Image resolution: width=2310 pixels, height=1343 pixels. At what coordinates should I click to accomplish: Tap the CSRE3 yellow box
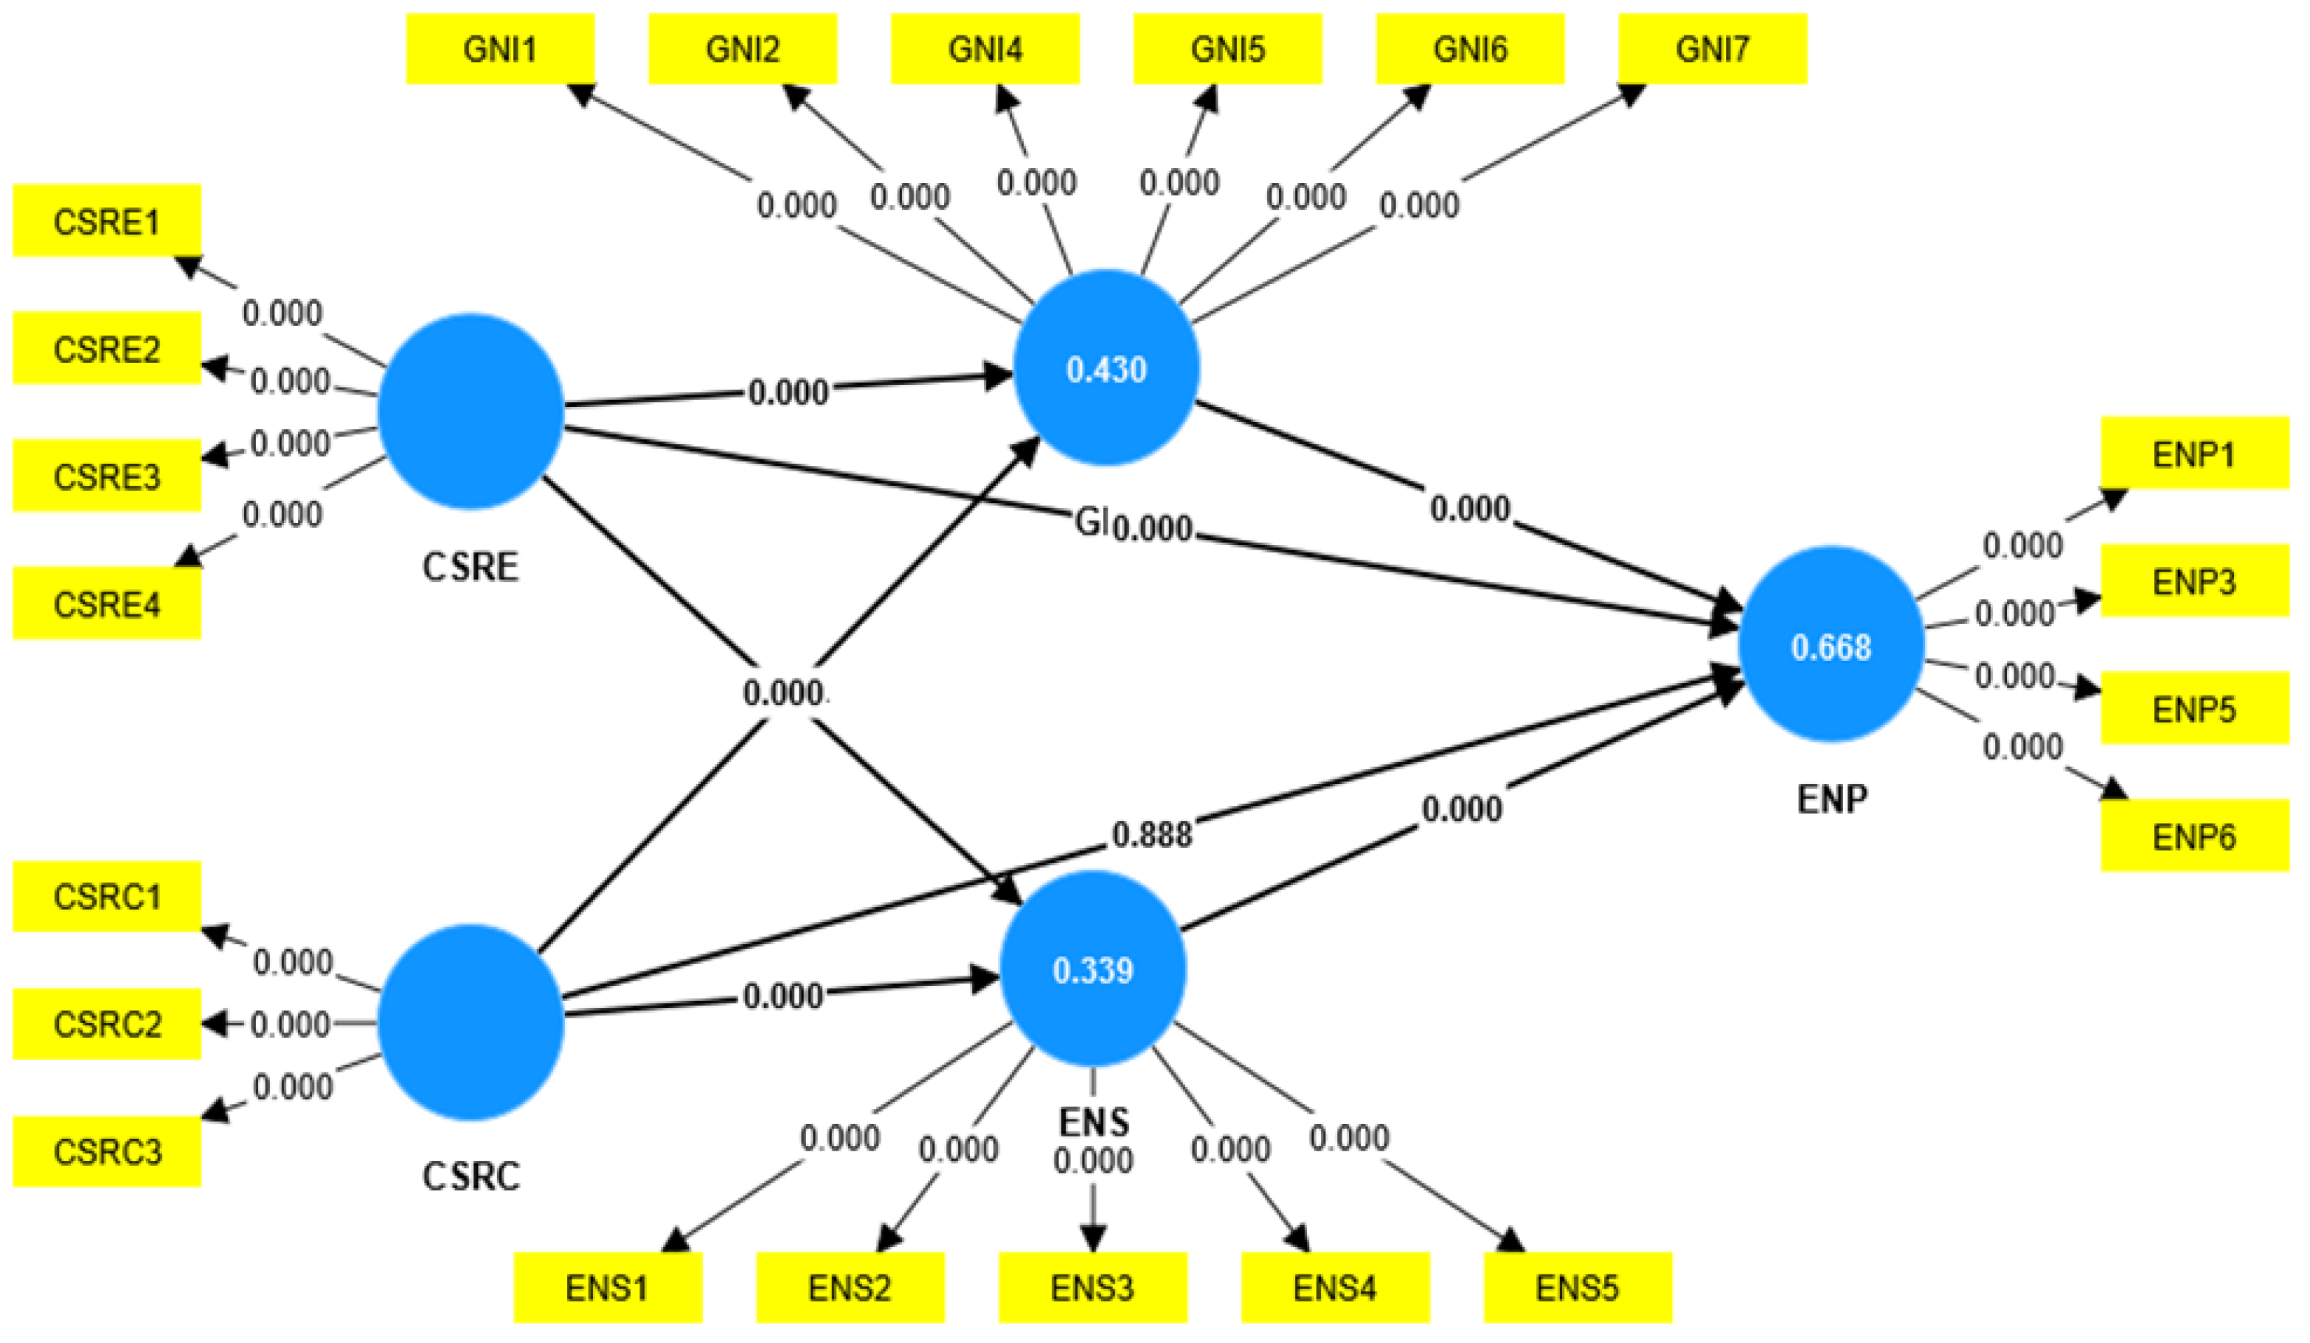point(106,476)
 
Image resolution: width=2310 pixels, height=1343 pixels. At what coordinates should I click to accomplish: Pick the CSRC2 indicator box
point(106,1023)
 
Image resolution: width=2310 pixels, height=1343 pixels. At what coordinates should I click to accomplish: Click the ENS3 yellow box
point(1092,1287)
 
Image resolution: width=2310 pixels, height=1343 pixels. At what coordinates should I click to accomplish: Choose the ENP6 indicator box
point(2193,836)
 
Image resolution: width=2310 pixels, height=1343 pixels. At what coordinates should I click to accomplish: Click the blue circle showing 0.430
point(1106,369)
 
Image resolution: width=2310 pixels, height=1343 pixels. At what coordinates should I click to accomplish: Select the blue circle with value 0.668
point(1831,645)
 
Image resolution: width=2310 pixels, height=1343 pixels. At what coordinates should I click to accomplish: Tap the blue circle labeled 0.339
point(1092,969)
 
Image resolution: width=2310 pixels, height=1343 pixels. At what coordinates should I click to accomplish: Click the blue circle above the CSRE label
point(471,410)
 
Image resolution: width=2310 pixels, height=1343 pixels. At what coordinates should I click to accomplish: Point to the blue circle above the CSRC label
point(471,1021)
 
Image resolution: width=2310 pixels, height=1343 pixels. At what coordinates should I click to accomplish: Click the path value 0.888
point(1151,834)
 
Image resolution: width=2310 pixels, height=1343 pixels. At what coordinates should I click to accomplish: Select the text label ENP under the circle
point(1831,799)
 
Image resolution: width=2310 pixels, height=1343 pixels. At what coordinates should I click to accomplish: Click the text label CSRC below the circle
point(471,1176)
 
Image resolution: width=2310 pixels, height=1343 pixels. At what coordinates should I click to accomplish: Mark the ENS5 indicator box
point(1577,1287)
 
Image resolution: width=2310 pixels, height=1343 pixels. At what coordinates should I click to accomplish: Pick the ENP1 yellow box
point(2193,454)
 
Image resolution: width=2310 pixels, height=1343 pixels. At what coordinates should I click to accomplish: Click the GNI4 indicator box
point(985,49)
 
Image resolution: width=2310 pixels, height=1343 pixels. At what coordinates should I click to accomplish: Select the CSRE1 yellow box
point(106,221)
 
